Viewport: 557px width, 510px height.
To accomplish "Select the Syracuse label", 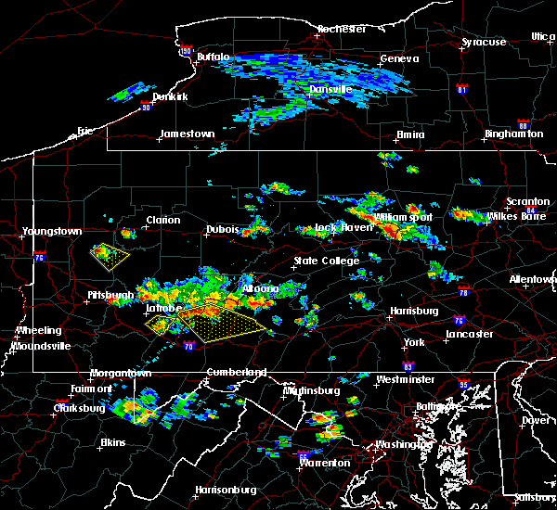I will click(x=484, y=42).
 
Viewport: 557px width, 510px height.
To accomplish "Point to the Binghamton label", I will click(x=513, y=134).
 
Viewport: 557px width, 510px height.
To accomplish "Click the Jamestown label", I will click(x=187, y=134).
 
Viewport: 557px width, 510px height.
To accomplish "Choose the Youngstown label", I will click(x=54, y=231).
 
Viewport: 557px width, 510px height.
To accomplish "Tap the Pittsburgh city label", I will click(x=110, y=296).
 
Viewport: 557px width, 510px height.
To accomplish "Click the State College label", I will click(x=327, y=261).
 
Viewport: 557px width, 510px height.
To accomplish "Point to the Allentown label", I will click(x=533, y=278).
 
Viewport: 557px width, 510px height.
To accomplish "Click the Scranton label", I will click(x=527, y=202).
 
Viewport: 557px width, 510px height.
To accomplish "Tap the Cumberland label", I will click(x=236, y=372).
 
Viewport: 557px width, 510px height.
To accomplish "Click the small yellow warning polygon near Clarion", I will click(x=110, y=253).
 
